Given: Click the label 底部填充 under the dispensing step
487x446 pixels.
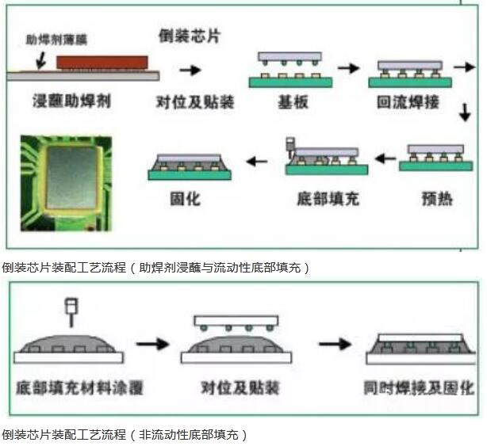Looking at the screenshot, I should [327, 198].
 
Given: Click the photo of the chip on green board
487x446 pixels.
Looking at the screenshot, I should [66, 176].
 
